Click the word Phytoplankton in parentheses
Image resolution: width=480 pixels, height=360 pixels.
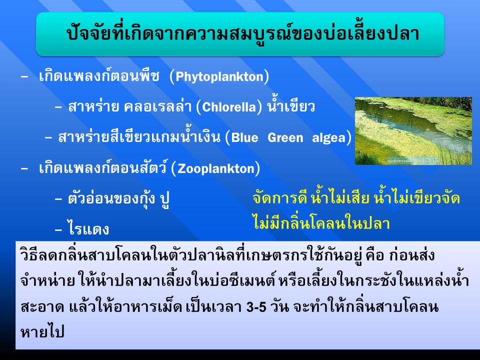pyautogui.click(x=219, y=77)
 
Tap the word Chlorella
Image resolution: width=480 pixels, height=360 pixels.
pyautogui.click(x=229, y=107)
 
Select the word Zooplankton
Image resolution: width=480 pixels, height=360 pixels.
pyautogui.click(x=216, y=168)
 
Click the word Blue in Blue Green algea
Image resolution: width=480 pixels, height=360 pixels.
pyautogui.click(x=244, y=138)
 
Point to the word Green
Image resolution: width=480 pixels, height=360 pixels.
pyautogui.click(x=285, y=138)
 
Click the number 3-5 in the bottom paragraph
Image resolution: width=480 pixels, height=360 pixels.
pyautogui.click(x=256, y=307)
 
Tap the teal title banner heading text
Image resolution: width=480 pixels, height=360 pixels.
pyautogui.click(x=243, y=33)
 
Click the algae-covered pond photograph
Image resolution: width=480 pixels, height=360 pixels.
pyautogui.click(x=413, y=131)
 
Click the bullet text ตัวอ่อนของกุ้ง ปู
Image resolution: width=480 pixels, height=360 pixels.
pyautogui.click(x=119, y=199)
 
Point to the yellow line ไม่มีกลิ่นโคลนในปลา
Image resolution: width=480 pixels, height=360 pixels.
pyautogui.click(x=321, y=222)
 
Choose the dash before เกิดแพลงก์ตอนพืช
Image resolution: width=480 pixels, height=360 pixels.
pyautogui.click(x=24, y=77)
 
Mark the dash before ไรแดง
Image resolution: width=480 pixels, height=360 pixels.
pyautogui.click(x=58, y=230)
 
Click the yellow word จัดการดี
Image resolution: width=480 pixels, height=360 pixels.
pyautogui.click(x=280, y=198)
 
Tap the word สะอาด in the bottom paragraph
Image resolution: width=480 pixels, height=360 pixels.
pyautogui.click(x=42, y=307)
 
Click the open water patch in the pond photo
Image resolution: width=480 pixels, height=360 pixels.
pyautogui.click(x=404, y=121)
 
